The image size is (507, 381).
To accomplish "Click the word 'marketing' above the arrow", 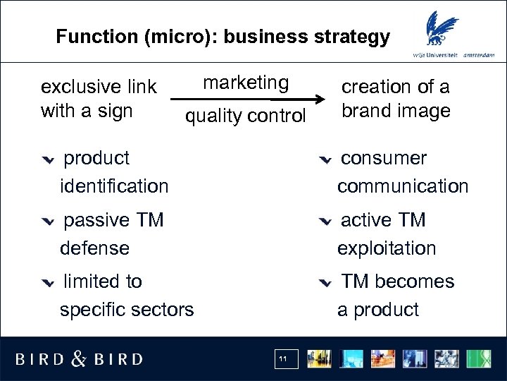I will [246, 83].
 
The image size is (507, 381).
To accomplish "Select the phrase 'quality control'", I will [245, 116].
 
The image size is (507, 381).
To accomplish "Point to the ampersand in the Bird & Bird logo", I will [79, 359].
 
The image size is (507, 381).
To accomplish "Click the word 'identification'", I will [114, 186].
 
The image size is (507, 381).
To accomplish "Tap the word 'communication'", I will [402, 186].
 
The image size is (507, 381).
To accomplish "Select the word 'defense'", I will [94, 248].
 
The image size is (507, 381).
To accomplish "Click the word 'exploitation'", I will [387, 248].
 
